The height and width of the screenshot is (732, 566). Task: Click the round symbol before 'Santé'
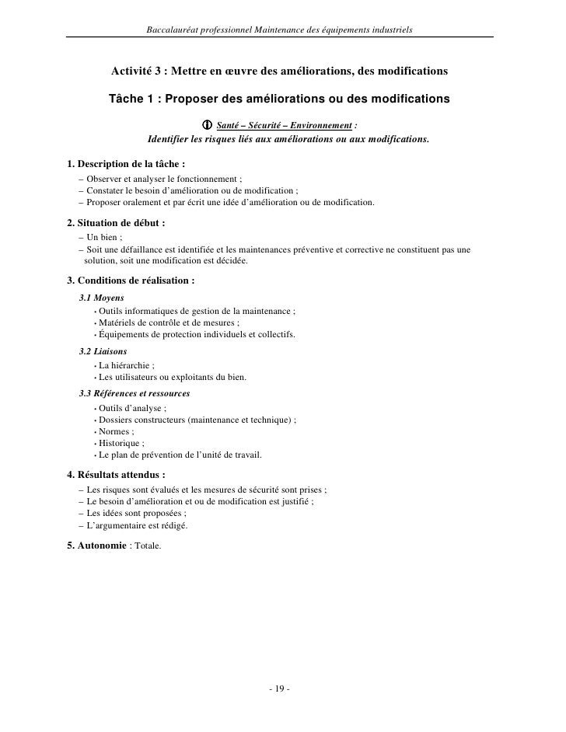pos(207,126)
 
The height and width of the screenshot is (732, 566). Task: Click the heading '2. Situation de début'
pos(117,222)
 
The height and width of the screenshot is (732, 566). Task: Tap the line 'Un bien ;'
pos(105,237)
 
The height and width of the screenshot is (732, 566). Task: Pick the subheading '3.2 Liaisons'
pos(103,351)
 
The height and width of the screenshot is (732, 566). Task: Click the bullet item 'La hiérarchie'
pos(126,365)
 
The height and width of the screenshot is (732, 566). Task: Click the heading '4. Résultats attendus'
pos(117,474)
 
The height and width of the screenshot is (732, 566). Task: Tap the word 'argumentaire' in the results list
pos(132,525)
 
